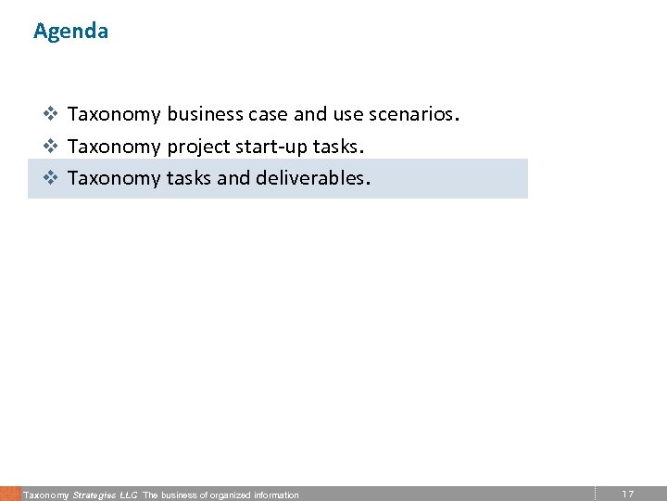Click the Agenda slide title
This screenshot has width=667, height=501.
click(x=70, y=31)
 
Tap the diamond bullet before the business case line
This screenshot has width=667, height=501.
click(x=52, y=115)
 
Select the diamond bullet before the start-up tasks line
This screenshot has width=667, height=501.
click(x=52, y=147)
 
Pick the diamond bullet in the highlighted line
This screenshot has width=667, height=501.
click(x=52, y=178)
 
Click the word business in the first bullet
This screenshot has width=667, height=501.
click(x=205, y=115)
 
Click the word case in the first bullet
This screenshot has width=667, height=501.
click(x=268, y=115)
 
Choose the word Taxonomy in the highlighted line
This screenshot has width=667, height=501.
click(x=114, y=178)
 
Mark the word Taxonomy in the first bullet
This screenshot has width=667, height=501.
click(x=114, y=115)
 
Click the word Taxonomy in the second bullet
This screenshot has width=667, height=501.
click(x=114, y=147)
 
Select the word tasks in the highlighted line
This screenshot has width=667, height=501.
click(x=189, y=178)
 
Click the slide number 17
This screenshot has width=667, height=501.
click(x=627, y=494)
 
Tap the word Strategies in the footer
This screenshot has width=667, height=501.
click(x=94, y=495)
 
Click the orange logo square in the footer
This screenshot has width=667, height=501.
click(x=9, y=494)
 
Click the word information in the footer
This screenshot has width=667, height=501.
click(x=276, y=495)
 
